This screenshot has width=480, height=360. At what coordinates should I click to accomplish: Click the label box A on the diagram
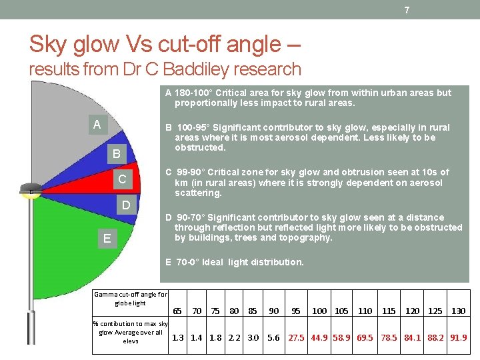tap(97, 124)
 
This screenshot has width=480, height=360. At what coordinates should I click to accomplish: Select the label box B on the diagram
tap(116, 154)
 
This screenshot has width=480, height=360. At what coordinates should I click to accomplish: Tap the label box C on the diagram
tap(122, 179)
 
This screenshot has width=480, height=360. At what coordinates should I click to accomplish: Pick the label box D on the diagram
tap(125, 205)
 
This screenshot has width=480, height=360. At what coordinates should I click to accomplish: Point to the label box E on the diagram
tap(107, 238)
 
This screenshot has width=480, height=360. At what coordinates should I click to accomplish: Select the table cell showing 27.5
tap(296, 337)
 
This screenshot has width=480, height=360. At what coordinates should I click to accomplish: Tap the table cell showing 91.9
tap(458, 337)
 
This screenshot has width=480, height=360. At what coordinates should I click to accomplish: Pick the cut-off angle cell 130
tap(458, 311)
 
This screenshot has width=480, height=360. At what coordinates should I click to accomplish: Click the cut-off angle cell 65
tap(177, 311)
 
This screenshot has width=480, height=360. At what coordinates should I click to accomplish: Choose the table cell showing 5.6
tap(273, 337)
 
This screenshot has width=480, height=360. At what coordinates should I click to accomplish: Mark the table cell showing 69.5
tap(365, 337)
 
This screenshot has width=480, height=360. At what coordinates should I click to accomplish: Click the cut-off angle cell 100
tap(319, 311)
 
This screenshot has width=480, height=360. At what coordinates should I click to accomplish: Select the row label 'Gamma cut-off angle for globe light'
tap(131, 298)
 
